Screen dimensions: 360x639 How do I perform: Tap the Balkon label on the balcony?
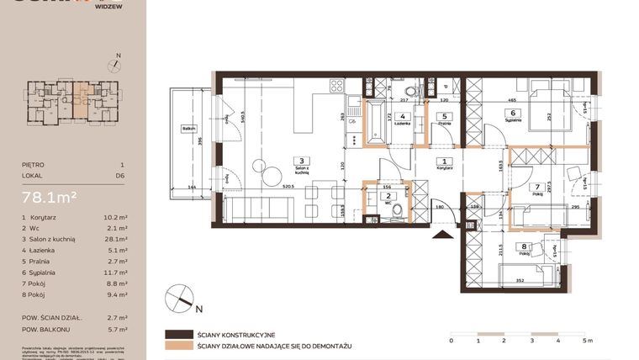tap(188, 129)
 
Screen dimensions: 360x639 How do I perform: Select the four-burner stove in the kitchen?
tap(336, 85)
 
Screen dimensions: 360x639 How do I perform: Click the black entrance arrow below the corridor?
tap(438, 236)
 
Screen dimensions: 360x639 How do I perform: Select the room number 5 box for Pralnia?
tap(445, 117)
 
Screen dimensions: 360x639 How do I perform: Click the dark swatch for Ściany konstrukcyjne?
tap(178, 334)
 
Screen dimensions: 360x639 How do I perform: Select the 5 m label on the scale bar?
tap(586, 341)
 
